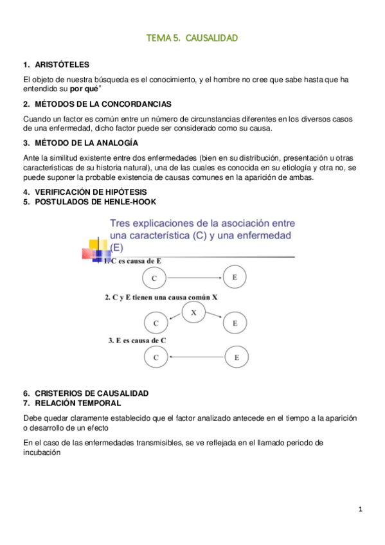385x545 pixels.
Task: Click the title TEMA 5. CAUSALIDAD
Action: point(192,39)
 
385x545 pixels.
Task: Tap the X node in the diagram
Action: point(194,312)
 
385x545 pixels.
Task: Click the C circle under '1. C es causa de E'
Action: point(154,278)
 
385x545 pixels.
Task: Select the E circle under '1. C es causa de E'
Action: point(235,278)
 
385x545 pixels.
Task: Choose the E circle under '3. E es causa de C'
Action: point(237,357)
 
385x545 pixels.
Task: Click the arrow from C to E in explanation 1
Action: point(194,278)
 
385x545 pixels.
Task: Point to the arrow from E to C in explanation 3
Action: point(196,357)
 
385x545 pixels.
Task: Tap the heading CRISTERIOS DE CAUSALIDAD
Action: point(90,393)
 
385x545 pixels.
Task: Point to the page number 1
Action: point(361,510)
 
